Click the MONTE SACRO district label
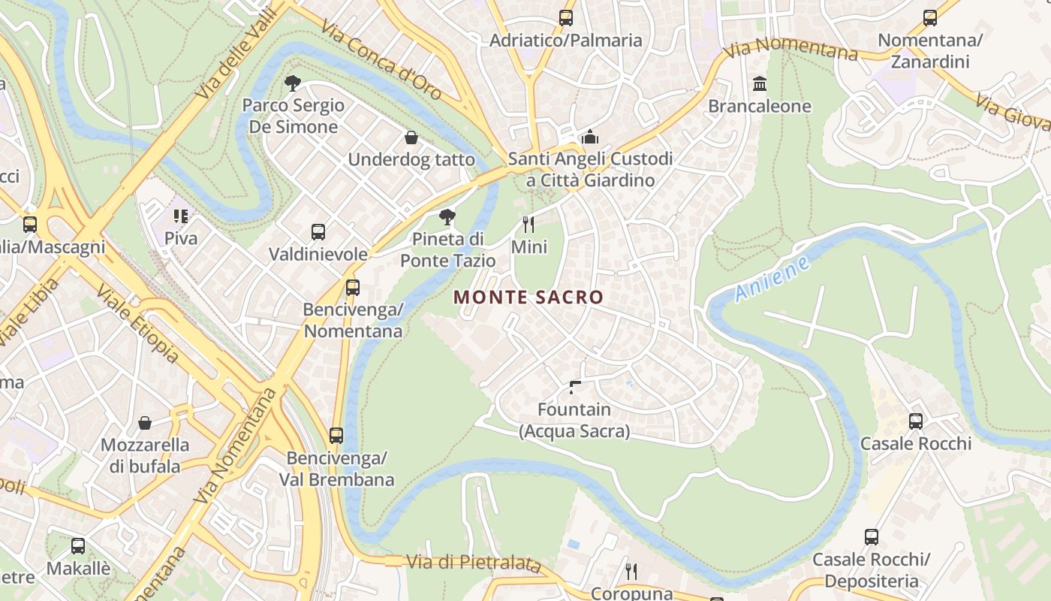tap(529, 297)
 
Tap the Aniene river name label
tap(772, 279)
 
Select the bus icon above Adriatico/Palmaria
tap(565, 18)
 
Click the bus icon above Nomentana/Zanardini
tap(930, 18)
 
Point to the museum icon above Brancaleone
tap(760, 83)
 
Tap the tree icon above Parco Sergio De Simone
tap(293, 83)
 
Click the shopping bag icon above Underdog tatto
tap(411, 137)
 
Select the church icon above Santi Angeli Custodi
tap(590, 137)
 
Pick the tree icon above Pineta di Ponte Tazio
tap(447, 218)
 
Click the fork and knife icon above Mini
tap(529, 225)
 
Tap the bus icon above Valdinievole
tap(318, 232)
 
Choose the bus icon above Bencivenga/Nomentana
tap(352, 288)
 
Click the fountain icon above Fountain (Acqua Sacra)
tap(574, 388)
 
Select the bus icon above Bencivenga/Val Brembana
tap(336, 436)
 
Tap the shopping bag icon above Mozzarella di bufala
tap(145, 423)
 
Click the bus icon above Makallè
tap(78, 546)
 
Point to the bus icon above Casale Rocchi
tap(916, 421)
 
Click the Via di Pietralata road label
tap(473, 563)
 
